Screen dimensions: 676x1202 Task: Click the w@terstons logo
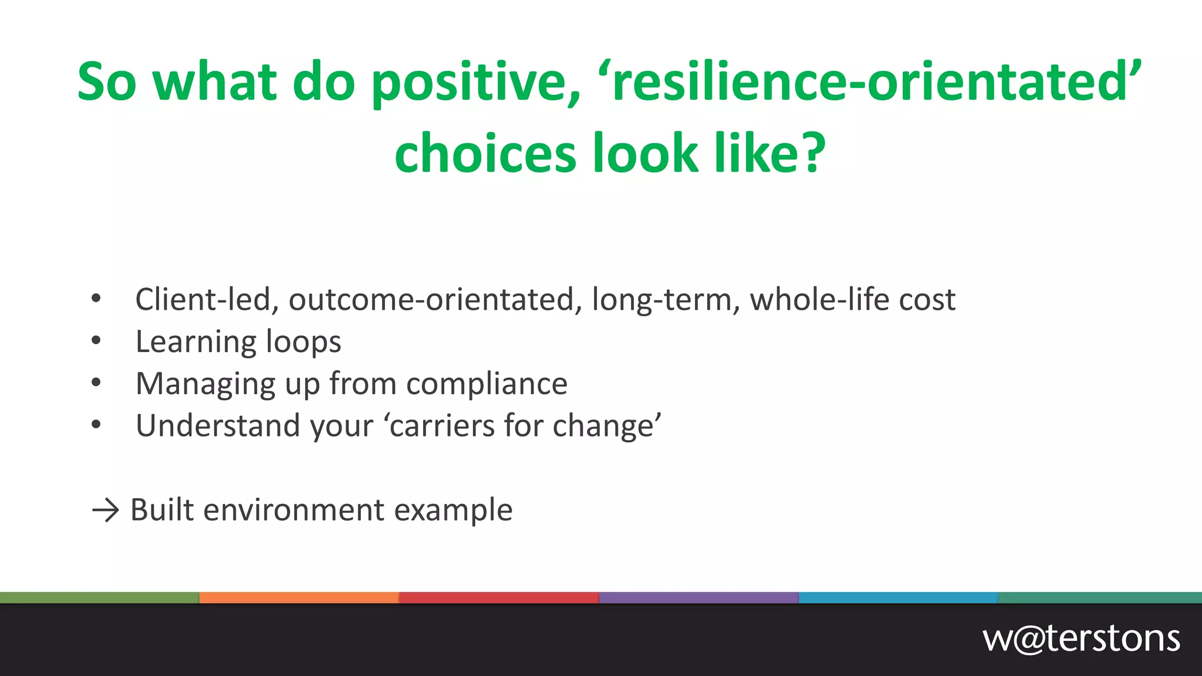[x=1081, y=639]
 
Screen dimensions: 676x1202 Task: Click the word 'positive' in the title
[x=476, y=82]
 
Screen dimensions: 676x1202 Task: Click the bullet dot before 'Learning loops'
[x=96, y=340]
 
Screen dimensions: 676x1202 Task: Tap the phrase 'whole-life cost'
[x=853, y=299]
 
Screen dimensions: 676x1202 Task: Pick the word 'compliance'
[x=487, y=384]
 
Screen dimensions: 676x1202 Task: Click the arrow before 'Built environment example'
[x=106, y=510]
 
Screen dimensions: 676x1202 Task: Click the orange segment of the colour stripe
[x=299, y=598]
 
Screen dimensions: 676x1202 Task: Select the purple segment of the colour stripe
[x=698, y=598]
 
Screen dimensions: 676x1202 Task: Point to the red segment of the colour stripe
[x=499, y=598]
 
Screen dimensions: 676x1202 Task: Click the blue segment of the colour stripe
[x=898, y=598]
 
